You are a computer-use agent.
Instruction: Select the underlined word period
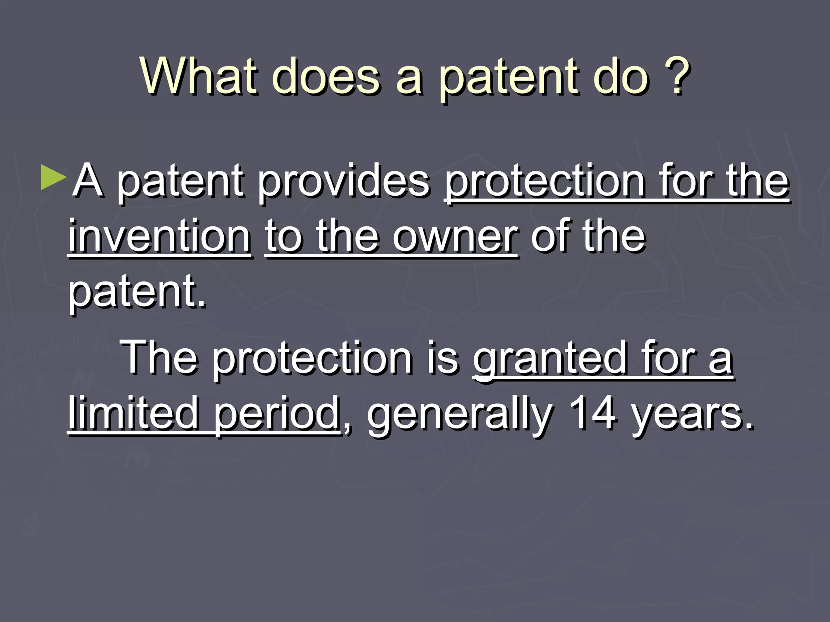[x=277, y=415]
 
